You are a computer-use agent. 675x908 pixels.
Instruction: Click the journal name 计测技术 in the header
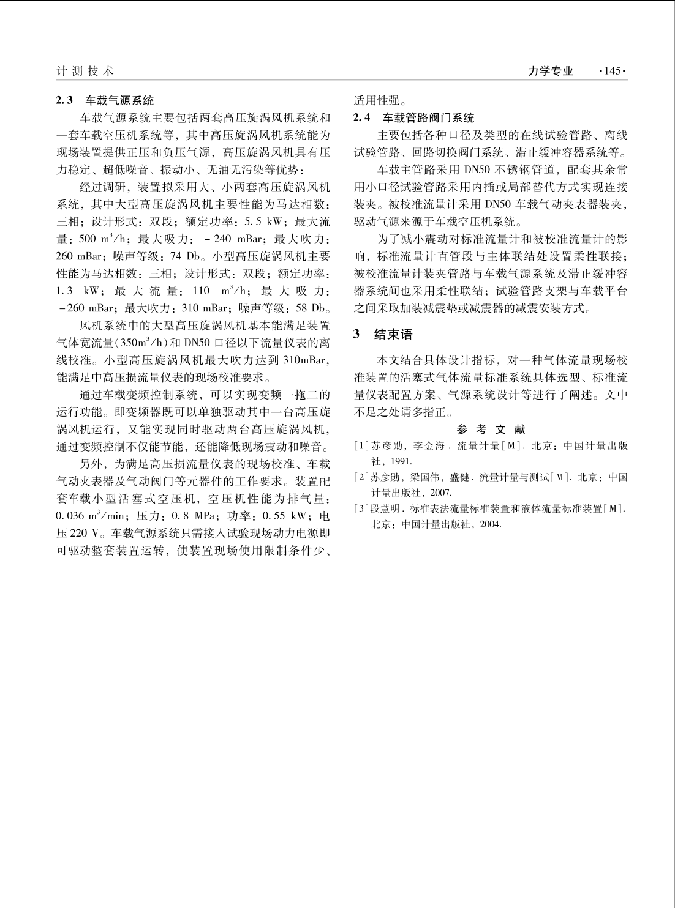pos(85,72)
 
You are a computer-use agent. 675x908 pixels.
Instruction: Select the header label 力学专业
pos(551,72)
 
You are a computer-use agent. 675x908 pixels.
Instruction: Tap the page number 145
pos(613,72)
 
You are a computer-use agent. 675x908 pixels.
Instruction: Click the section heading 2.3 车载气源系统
pos(105,100)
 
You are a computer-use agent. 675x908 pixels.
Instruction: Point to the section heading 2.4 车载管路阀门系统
pos(414,117)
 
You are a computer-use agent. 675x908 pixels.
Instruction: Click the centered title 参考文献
pos(491,430)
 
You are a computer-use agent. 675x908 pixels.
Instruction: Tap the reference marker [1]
pos(362,446)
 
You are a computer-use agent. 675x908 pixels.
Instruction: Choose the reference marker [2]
pos(362,477)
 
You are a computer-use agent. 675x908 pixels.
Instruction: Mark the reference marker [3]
pos(362,508)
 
